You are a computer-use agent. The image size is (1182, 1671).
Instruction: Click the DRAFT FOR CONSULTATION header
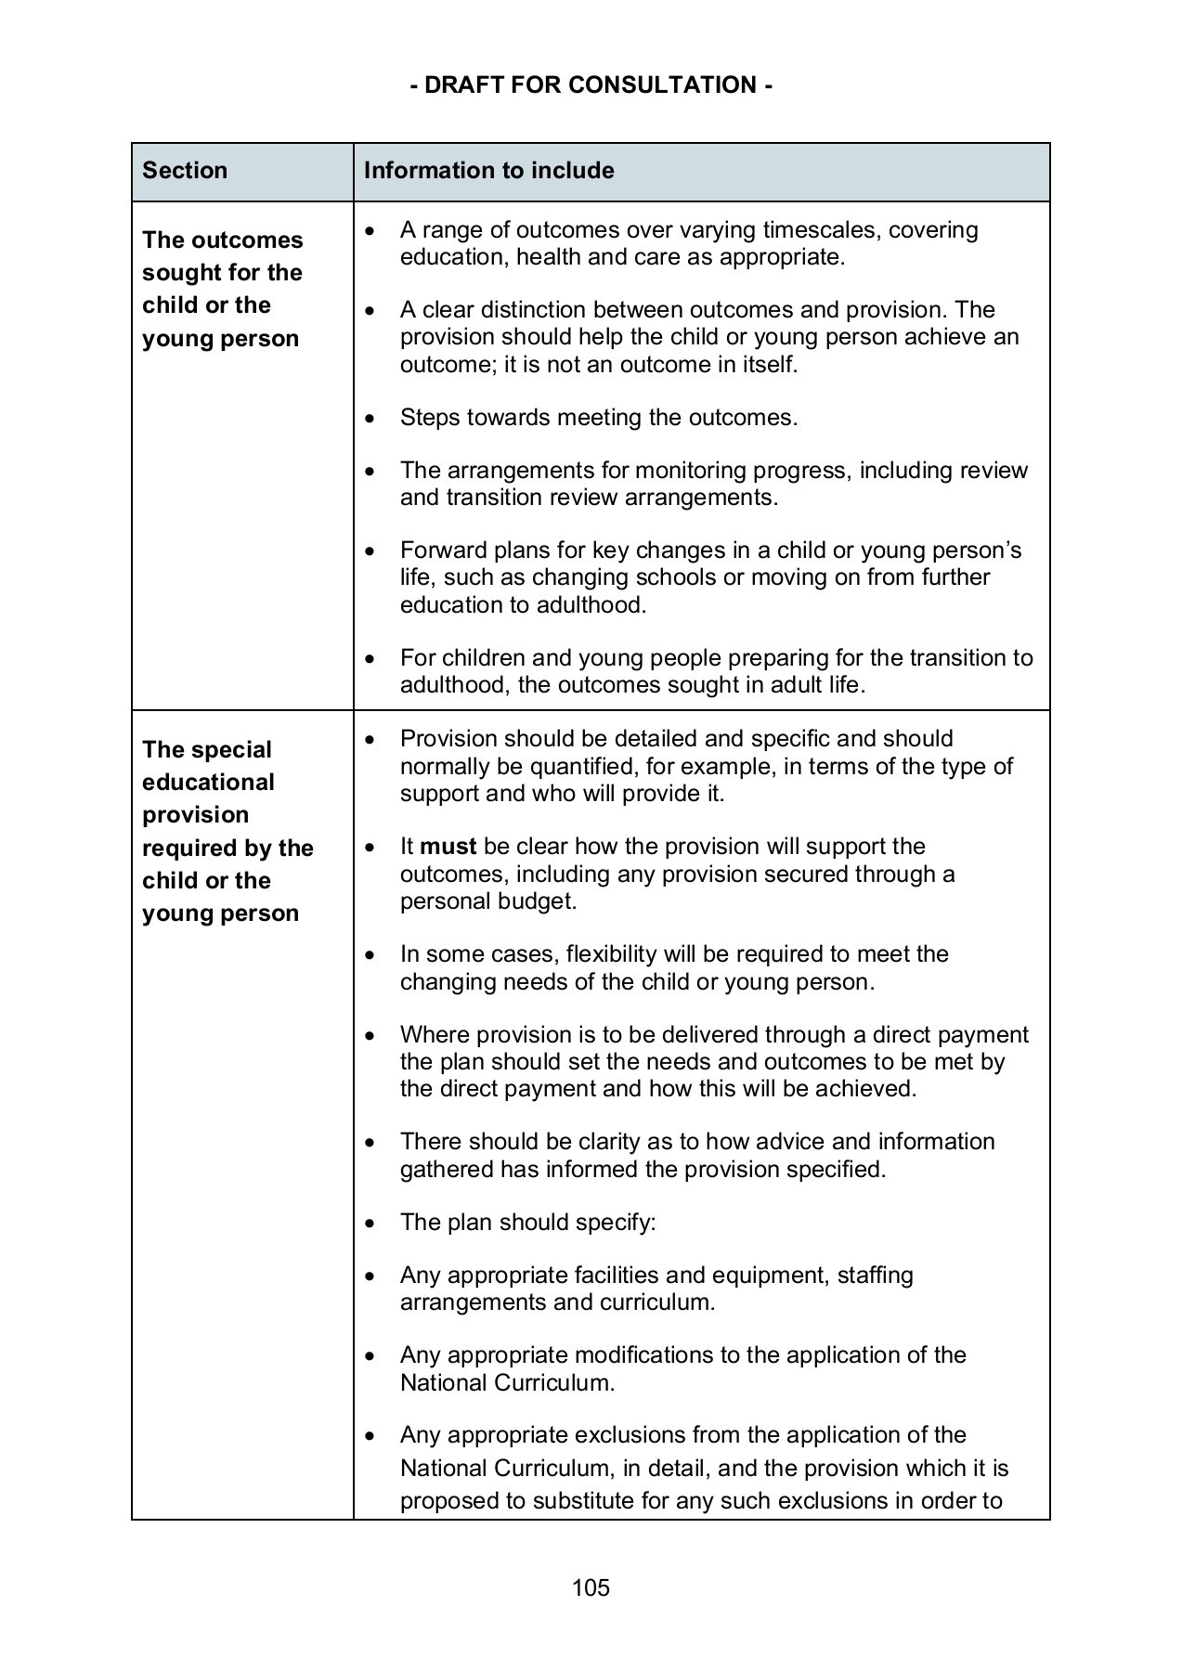pos(591,85)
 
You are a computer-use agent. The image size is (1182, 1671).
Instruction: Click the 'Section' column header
pos(185,171)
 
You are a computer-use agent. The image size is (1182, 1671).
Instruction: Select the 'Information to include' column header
pos(488,171)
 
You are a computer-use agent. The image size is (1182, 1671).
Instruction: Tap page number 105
pos(591,1587)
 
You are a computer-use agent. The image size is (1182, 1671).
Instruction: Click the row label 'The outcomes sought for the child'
pos(222,289)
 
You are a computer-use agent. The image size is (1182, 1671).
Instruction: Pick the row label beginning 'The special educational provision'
pos(227,831)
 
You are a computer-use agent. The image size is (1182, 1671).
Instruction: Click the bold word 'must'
pos(448,847)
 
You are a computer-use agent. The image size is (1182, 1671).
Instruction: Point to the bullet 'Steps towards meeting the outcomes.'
pos(599,418)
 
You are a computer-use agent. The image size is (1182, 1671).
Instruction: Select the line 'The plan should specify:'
pos(527,1223)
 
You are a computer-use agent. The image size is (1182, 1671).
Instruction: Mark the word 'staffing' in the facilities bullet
pos(875,1276)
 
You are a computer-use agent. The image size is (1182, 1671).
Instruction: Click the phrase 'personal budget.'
pos(488,901)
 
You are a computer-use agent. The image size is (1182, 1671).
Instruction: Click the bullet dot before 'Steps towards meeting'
pos(371,419)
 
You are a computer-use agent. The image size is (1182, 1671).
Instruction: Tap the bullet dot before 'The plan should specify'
pos(371,1224)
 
